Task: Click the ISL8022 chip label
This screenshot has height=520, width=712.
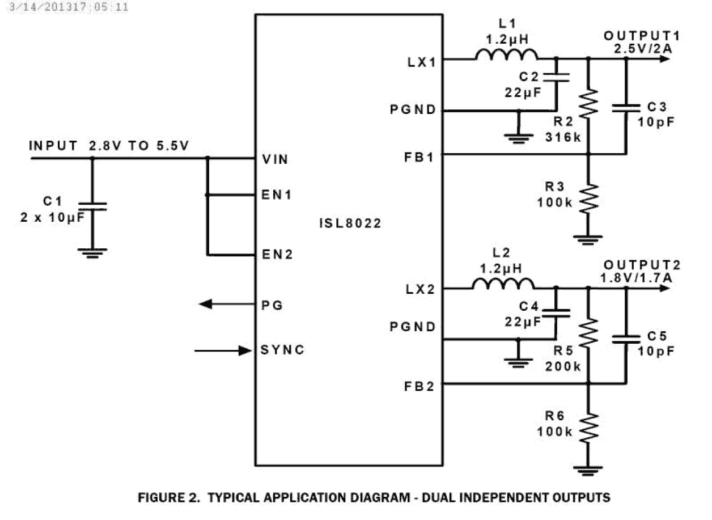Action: click(350, 223)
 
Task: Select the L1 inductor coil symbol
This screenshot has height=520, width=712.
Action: click(506, 55)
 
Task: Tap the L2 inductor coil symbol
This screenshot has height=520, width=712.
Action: click(503, 284)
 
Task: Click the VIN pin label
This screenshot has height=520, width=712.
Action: click(276, 159)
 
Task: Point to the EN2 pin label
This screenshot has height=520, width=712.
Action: click(277, 255)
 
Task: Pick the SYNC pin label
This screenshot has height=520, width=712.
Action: click(282, 350)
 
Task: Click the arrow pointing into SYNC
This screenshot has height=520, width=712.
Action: click(223, 350)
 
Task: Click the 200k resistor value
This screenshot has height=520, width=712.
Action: click(563, 366)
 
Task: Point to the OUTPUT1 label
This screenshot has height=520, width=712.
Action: click(641, 36)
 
